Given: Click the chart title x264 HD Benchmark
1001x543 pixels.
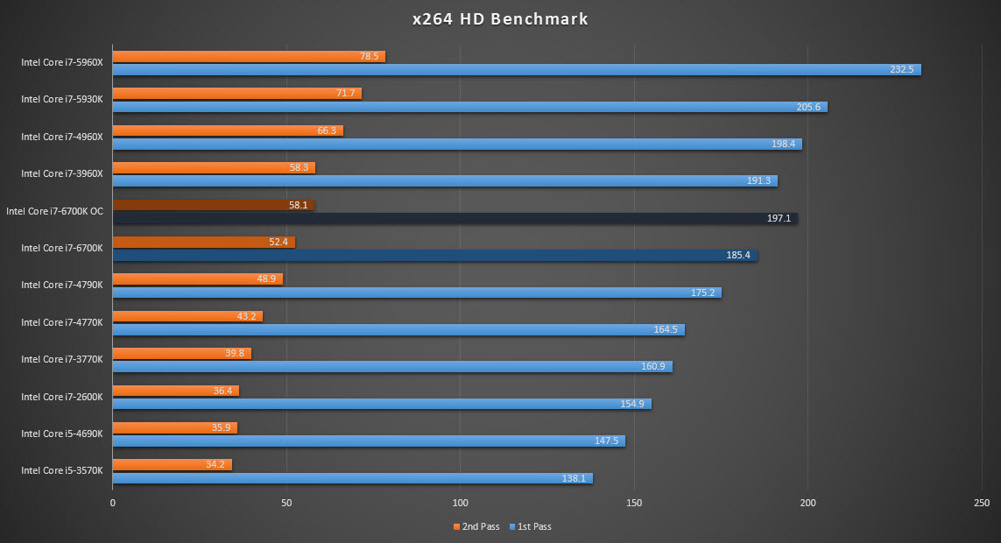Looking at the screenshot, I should point(500,18).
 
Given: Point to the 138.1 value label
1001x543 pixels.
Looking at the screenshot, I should point(573,478).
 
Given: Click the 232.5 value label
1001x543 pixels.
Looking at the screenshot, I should point(901,69).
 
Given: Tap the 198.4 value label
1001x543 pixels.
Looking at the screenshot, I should point(783,144).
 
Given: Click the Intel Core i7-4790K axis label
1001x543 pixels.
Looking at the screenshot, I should point(62,285).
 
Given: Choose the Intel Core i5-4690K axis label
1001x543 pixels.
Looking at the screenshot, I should point(62,434).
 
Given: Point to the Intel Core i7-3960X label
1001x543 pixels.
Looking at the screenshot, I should point(62,173).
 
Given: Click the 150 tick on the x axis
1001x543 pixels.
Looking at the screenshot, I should point(634,504).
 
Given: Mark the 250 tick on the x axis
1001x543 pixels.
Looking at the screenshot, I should point(981,504).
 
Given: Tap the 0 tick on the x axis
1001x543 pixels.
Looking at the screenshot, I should point(113,504).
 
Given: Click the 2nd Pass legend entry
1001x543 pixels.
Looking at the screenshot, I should point(476,526).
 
